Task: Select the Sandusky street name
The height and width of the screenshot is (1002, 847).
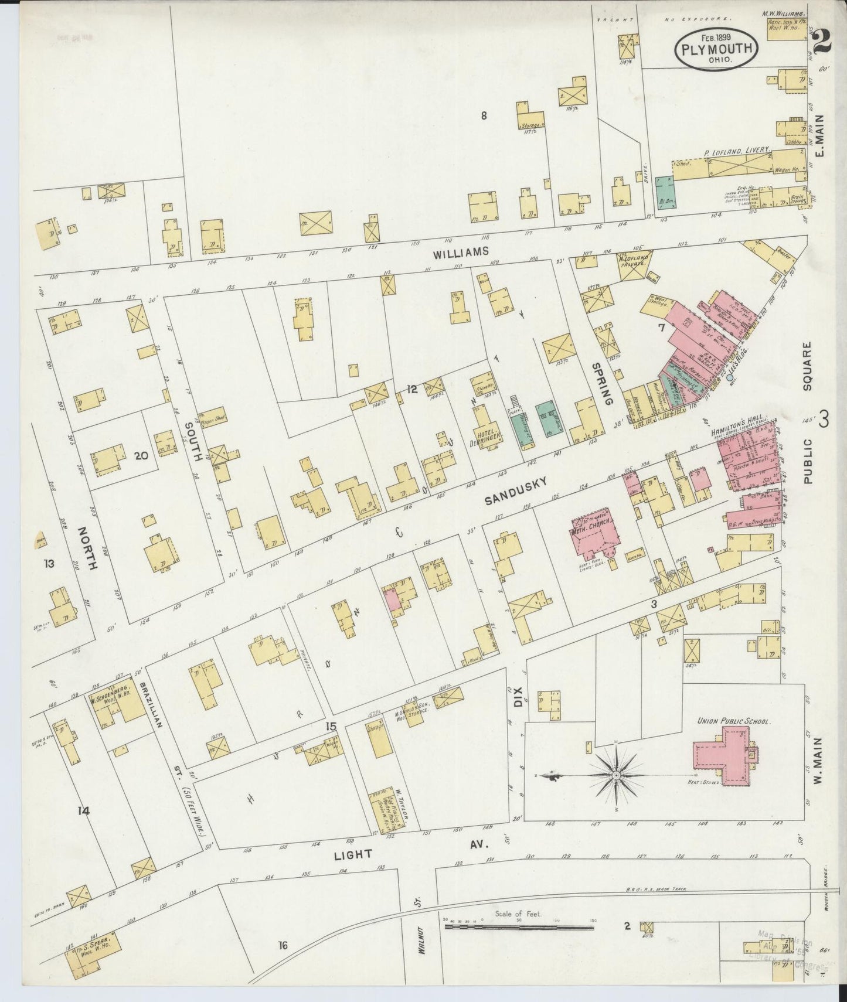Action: coord(516,491)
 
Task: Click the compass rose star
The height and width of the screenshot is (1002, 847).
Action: coord(616,775)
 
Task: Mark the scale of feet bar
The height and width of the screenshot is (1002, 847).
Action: coord(519,928)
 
